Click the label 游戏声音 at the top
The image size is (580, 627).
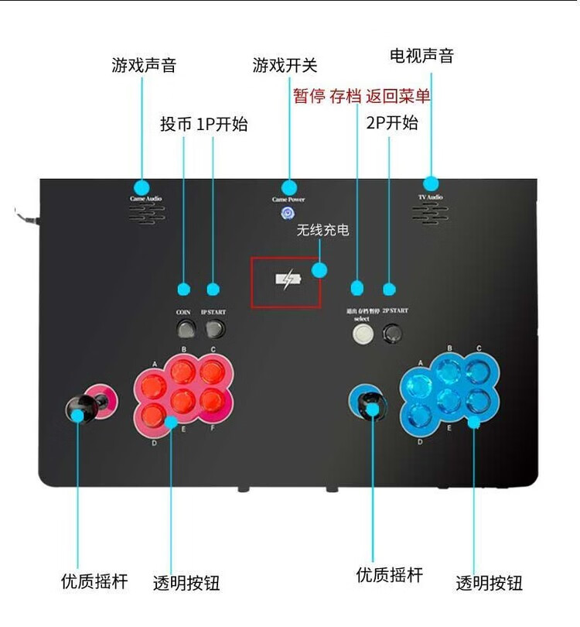pyautogui.click(x=144, y=65)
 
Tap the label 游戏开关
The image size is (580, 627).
pyautogui.click(x=285, y=65)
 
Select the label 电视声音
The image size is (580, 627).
pyautogui.click(x=421, y=56)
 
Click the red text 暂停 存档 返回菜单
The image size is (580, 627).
pyautogui.click(x=361, y=96)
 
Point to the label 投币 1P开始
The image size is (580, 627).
pyautogui.click(x=204, y=124)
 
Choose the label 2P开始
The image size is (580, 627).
pyautogui.click(x=392, y=122)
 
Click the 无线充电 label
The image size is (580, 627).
pyautogui.click(x=322, y=230)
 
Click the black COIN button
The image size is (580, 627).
pyautogui.click(x=184, y=328)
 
